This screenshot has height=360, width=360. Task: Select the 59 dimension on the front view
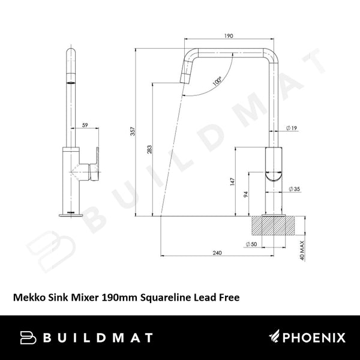click(85, 125)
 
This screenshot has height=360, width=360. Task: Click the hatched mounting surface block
click(275, 226)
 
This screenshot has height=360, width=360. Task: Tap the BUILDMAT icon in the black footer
click(27, 338)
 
